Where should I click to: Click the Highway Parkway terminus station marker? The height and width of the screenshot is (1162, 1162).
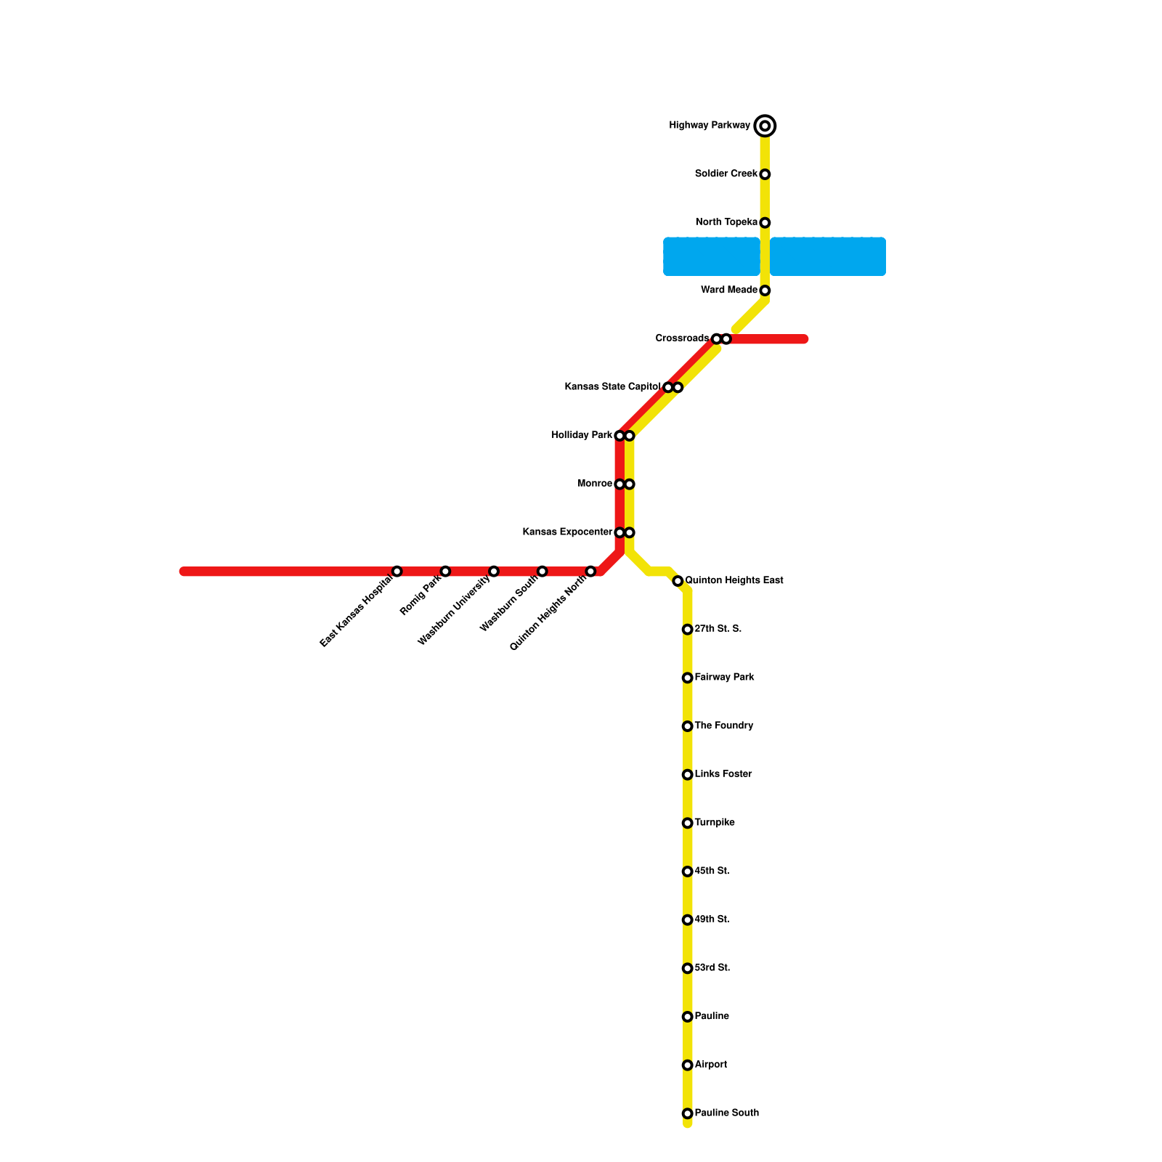[x=765, y=126]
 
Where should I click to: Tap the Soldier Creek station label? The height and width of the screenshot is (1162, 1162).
[x=726, y=174]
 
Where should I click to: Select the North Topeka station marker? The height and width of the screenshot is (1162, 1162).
[x=765, y=222]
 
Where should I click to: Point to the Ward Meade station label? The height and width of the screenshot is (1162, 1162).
[x=728, y=290]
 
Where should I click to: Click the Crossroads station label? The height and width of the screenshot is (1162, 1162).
[x=681, y=338]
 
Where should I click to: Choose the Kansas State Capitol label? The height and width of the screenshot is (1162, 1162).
[x=612, y=387]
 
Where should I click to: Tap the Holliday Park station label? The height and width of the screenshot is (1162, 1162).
[x=581, y=435]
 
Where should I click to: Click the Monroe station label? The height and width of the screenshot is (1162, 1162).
[x=594, y=484]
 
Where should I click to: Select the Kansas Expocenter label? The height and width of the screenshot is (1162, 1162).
[x=566, y=532]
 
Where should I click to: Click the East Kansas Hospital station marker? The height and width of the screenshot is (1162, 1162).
[x=397, y=571]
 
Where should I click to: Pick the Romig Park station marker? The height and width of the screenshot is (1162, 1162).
[x=445, y=571]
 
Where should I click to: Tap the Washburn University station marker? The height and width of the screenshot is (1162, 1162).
[x=494, y=571]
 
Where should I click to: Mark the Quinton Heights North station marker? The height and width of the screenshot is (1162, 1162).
[x=590, y=571]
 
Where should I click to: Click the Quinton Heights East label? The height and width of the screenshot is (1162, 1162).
[x=734, y=580]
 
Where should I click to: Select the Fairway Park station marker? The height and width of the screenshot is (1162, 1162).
[x=687, y=678]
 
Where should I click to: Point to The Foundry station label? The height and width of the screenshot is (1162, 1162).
[x=723, y=726]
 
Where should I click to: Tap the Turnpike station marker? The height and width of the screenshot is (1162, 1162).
[x=687, y=823]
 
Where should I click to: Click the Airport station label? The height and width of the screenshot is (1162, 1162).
[x=710, y=1065]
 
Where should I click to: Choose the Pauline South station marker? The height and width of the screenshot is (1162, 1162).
[x=687, y=1113]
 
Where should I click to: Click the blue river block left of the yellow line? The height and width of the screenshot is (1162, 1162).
[x=711, y=256]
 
